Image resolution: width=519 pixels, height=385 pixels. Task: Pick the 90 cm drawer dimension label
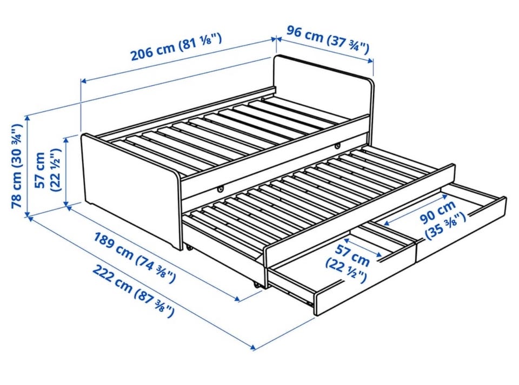point(438,212)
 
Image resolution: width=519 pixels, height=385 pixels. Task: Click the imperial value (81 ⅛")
point(200,42)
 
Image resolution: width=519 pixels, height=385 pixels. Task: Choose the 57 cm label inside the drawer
point(352,254)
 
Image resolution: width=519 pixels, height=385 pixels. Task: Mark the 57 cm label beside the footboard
point(41,170)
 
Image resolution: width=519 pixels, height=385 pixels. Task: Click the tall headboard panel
point(323,87)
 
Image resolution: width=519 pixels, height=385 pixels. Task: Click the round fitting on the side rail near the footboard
point(220,188)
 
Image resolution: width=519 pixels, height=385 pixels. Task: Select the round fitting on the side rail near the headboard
point(337,145)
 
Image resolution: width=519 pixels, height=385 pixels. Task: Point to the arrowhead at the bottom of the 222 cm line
point(253,347)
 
